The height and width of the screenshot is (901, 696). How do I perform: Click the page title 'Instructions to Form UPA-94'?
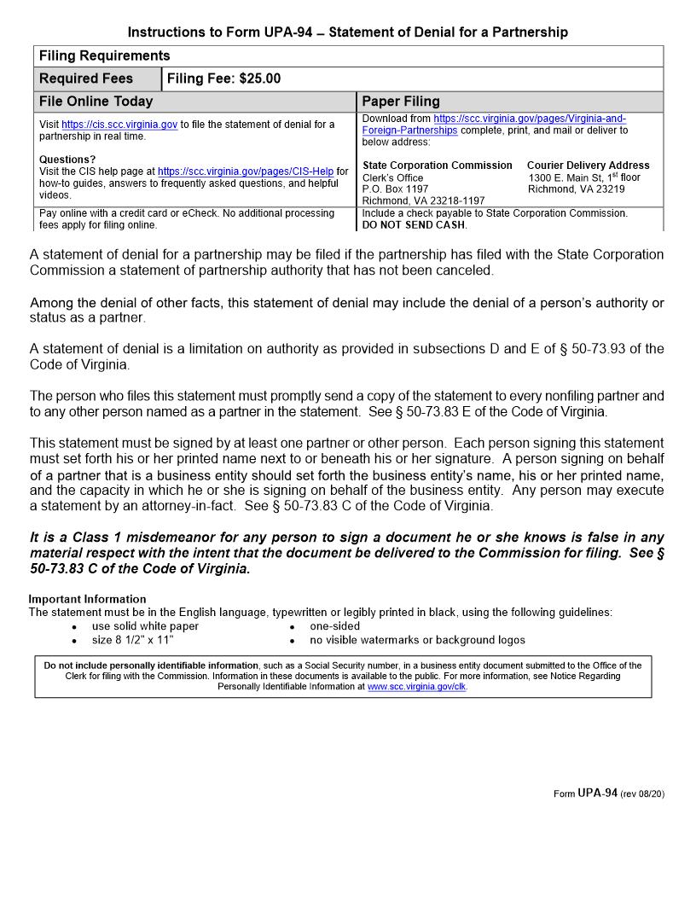(x=347, y=32)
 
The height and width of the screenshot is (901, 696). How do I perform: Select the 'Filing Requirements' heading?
(x=104, y=56)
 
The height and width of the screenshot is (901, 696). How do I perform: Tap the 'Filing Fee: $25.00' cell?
(x=223, y=78)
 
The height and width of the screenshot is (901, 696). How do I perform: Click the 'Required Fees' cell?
(x=86, y=78)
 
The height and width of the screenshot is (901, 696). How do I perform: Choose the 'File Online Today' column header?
(x=96, y=102)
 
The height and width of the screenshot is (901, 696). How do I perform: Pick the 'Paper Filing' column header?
(x=401, y=102)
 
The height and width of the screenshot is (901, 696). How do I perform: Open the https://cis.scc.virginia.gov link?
(x=119, y=125)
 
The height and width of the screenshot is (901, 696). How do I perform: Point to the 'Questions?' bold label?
(x=67, y=160)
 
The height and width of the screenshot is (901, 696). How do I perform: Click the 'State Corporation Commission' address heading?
(x=438, y=166)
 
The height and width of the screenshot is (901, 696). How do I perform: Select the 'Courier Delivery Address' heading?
(x=588, y=166)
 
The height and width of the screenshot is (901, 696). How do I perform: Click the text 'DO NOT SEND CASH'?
(x=414, y=226)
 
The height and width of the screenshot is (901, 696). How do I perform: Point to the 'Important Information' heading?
(x=87, y=599)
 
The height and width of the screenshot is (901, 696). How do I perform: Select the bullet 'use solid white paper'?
(x=145, y=626)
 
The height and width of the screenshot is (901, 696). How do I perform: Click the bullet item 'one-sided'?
(x=334, y=626)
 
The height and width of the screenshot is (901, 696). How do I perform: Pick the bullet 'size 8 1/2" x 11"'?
(x=132, y=640)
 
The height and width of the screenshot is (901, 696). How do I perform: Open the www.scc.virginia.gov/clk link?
(x=416, y=687)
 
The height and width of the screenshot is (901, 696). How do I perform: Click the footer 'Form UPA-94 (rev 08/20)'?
(x=608, y=793)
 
